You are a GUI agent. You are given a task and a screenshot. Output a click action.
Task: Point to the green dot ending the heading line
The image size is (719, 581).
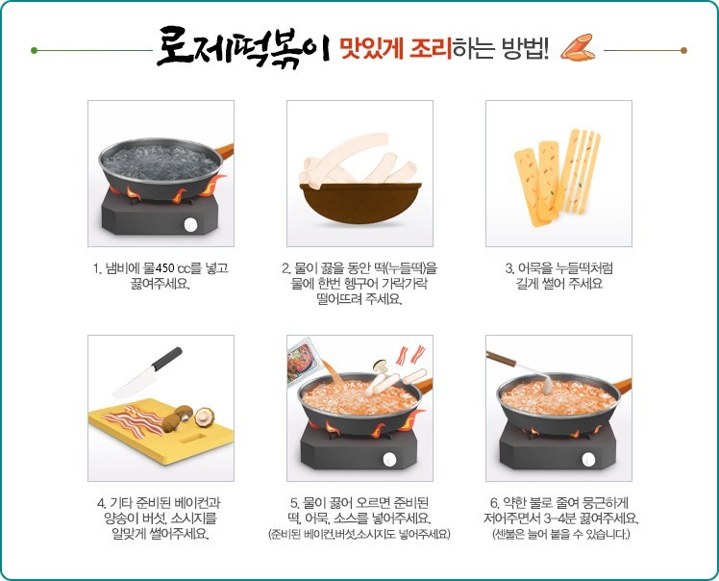click(x=35, y=50)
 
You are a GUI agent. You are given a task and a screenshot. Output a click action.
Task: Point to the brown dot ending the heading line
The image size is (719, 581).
click(x=683, y=50)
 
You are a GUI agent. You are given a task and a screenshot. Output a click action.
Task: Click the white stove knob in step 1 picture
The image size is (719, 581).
click(x=191, y=224)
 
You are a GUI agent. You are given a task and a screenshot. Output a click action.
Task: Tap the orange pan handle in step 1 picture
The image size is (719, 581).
click(x=222, y=151)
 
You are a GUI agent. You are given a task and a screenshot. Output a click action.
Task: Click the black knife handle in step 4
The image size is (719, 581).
click(x=166, y=358)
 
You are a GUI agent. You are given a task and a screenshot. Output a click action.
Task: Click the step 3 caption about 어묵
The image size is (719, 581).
click(x=558, y=275)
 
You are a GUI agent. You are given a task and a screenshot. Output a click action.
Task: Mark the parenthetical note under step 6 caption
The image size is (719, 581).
click(x=559, y=533)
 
